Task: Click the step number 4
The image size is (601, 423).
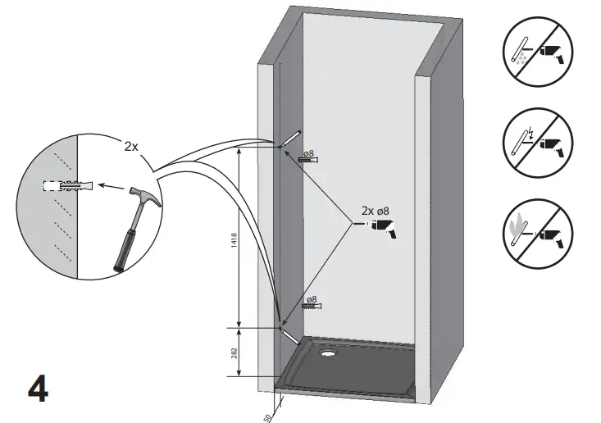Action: tap(38, 386)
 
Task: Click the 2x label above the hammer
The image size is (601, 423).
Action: tap(131, 146)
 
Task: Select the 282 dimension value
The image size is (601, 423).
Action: tap(234, 353)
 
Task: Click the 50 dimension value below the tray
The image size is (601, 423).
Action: tap(268, 416)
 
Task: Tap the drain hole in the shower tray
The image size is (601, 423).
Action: tap(330, 355)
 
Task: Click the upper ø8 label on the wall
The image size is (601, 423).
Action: tap(309, 153)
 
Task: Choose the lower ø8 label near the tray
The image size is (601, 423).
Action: tap(311, 299)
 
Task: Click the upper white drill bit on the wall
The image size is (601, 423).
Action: tap(291, 137)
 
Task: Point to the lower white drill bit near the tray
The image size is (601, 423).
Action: tap(290, 335)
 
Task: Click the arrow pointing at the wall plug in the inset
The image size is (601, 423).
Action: tap(107, 185)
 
